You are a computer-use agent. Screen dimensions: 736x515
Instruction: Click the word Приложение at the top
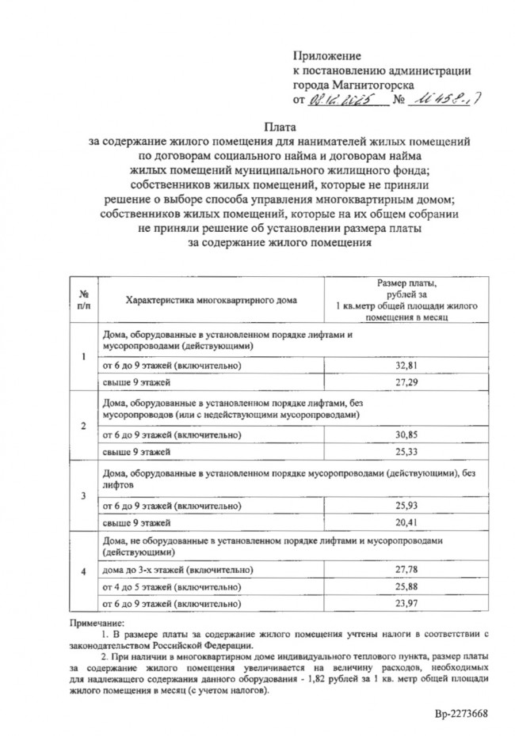(x=326, y=56)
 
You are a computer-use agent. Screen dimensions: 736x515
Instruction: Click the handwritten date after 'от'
(x=334, y=101)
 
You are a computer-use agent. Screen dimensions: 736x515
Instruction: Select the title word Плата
(x=280, y=127)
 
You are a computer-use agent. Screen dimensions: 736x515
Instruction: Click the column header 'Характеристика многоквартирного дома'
(x=200, y=300)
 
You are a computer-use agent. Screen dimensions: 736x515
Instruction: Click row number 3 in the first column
(x=84, y=495)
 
